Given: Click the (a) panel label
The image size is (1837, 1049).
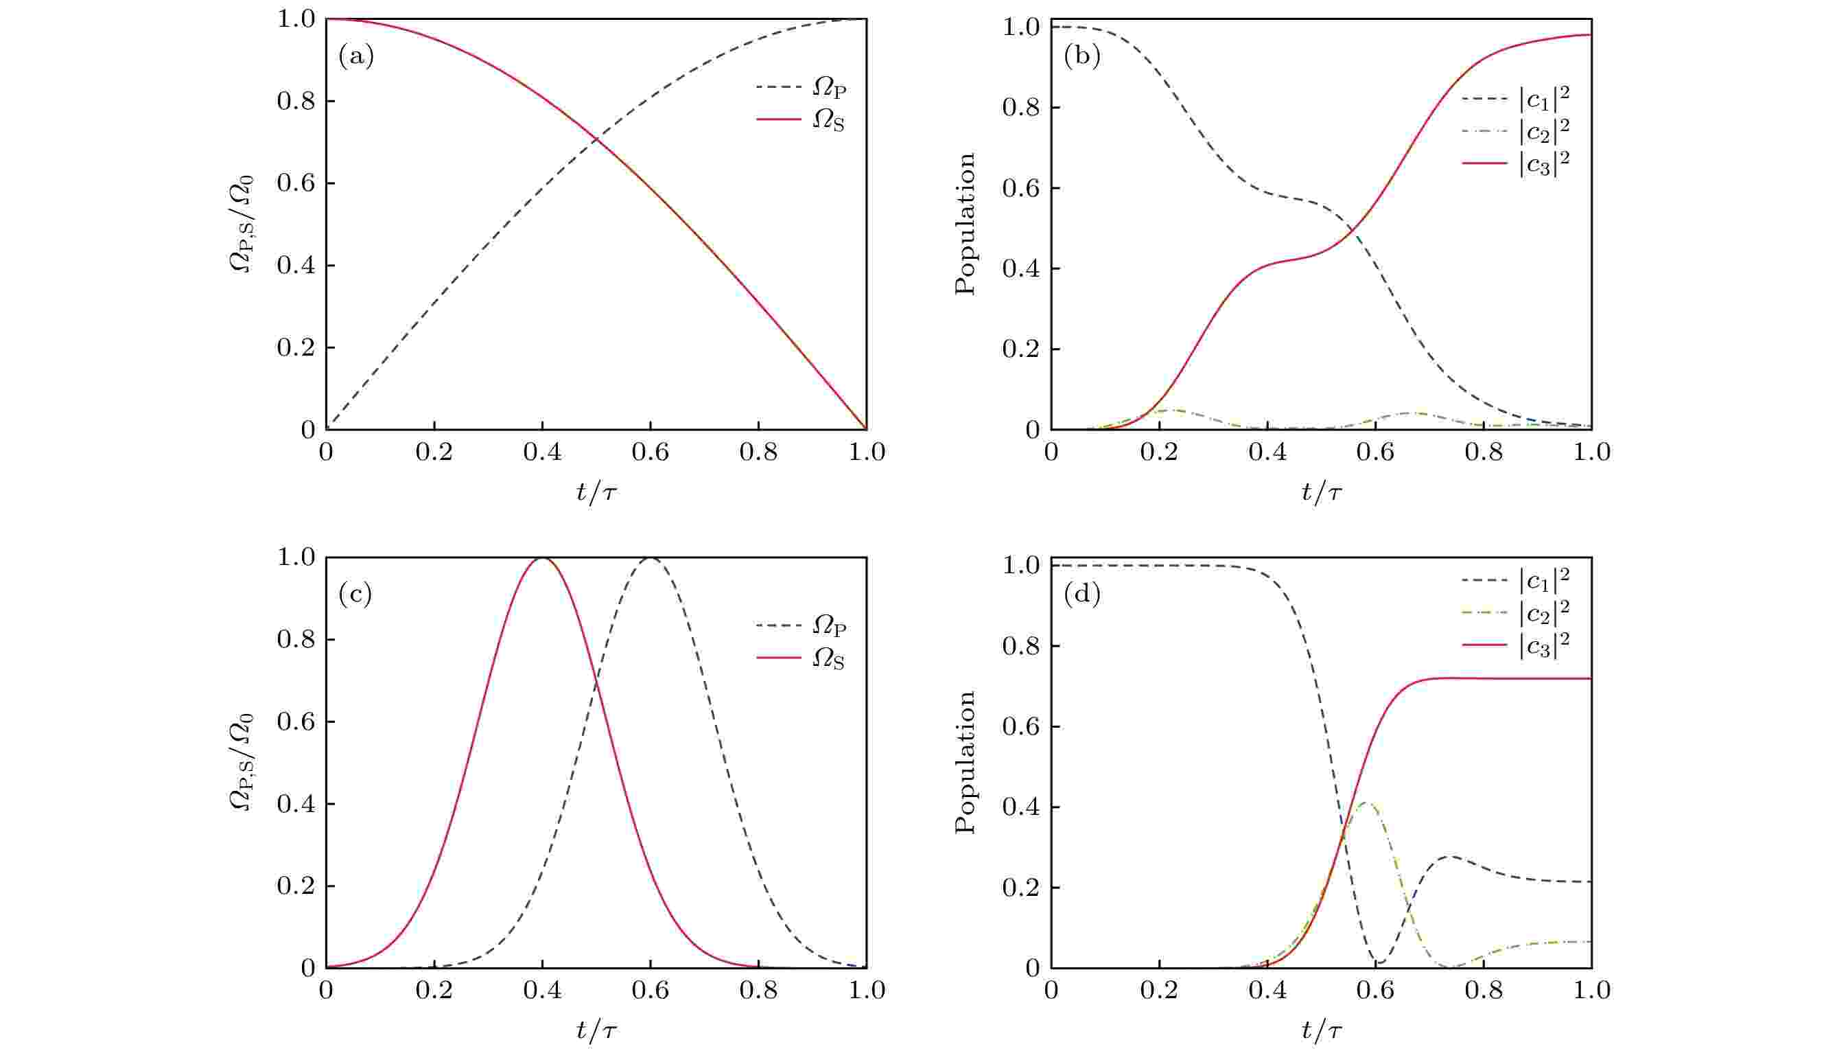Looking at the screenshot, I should [355, 56].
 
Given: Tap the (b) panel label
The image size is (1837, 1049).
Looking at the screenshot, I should [1081, 56].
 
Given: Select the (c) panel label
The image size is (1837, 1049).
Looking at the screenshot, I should [355, 595].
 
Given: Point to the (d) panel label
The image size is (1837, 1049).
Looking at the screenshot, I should [1081, 595].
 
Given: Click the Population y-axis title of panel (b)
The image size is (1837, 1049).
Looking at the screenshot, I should [966, 223].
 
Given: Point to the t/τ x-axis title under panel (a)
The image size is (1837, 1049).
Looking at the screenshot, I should [596, 492].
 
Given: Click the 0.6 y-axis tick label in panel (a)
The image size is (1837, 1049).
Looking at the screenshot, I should [296, 184].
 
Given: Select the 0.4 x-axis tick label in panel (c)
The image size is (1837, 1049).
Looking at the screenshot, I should [542, 991].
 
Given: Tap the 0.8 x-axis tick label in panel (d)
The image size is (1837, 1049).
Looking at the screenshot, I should [1484, 991].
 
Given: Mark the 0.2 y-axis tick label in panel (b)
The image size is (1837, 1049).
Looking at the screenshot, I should [1021, 349].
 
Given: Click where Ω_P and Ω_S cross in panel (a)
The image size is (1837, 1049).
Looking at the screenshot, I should [596, 139].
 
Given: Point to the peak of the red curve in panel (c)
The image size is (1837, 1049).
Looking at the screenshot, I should [542, 557].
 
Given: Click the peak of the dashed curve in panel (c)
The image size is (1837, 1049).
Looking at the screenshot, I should [651, 557].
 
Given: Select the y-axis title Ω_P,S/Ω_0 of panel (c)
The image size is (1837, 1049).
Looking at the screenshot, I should [243, 762].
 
